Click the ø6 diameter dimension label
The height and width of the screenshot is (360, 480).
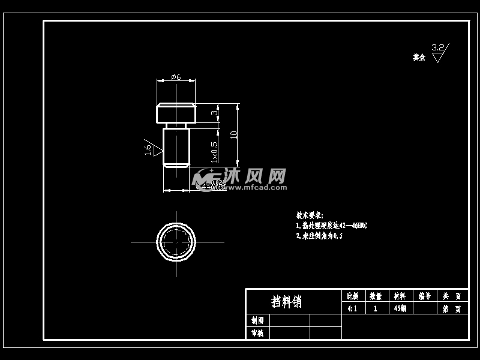[176, 76]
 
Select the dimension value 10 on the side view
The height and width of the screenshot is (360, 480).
[233, 135]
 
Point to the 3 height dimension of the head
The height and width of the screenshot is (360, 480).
[214, 112]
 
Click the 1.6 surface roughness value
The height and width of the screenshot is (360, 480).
[148, 149]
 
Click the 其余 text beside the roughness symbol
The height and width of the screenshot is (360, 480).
[419, 58]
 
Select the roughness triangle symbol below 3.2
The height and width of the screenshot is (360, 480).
[438, 58]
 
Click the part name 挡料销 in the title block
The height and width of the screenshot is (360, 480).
[287, 301]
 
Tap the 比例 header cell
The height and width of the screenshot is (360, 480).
[353, 296]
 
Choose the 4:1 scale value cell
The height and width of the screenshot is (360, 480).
[353, 308]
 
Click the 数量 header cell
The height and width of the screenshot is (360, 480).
[376, 296]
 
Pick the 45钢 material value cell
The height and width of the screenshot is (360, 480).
[399, 308]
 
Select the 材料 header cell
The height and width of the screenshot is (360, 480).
[399, 296]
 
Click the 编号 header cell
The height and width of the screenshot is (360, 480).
[425, 296]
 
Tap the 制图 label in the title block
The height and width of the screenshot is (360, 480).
[257, 320]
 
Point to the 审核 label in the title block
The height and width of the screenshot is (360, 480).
[257, 333]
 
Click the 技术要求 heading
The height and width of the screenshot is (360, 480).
[310, 215]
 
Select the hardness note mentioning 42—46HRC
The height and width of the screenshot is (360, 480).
[331, 226]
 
